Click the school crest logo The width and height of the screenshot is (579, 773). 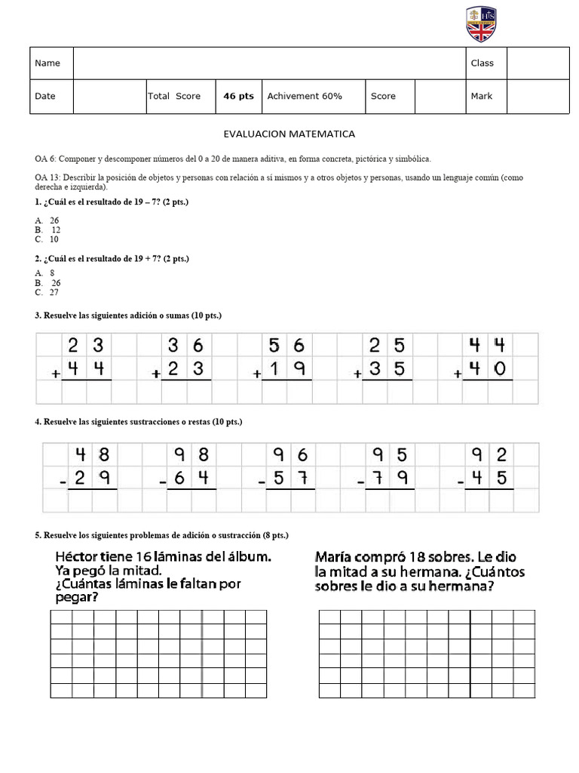coord(481,24)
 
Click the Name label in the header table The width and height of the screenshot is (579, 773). coord(47,63)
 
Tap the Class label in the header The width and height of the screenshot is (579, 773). coord(482,63)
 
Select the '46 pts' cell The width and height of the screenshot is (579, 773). coord(238,97)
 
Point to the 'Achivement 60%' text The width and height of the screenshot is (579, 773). coord(304,97)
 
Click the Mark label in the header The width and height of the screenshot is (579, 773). coord(481,97)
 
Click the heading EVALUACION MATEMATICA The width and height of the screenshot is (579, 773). coord(289,134)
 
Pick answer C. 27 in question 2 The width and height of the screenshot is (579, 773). coord(47,293)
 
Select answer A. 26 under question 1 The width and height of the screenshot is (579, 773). coord(47,221)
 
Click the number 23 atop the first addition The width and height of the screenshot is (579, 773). coord(85,346)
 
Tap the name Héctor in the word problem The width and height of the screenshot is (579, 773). coord(78,557)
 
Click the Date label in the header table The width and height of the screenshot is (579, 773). coord(45,97)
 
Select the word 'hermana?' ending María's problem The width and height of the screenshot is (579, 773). coord(461,587)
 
